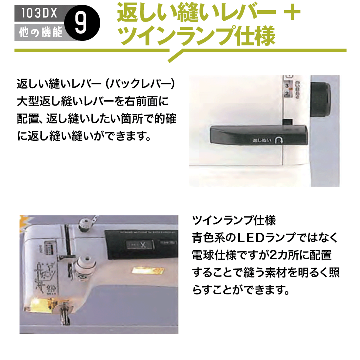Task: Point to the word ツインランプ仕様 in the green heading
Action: tap(195, 35)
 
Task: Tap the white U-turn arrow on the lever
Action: tap(279, 141)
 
